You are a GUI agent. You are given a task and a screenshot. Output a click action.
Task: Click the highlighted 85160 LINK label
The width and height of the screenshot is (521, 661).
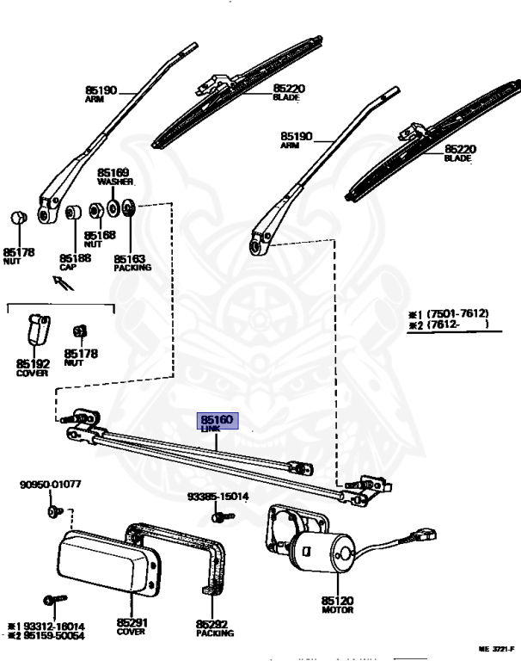(218, 422)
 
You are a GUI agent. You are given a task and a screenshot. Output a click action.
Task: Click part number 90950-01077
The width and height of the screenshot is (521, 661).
(50, 485)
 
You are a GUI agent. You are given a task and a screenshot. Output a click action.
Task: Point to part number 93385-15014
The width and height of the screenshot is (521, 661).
(218, 497)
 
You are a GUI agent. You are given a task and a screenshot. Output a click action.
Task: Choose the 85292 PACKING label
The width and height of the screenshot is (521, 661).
(213, 627)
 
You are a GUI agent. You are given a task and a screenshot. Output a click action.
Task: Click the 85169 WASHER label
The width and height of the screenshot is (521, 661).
(113, 177)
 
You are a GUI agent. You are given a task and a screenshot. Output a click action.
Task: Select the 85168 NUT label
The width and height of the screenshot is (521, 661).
(100, 239)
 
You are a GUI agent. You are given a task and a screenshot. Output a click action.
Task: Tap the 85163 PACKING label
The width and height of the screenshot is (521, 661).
(132, 263)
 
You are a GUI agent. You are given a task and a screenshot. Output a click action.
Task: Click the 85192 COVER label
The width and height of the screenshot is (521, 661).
(32, 368)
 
